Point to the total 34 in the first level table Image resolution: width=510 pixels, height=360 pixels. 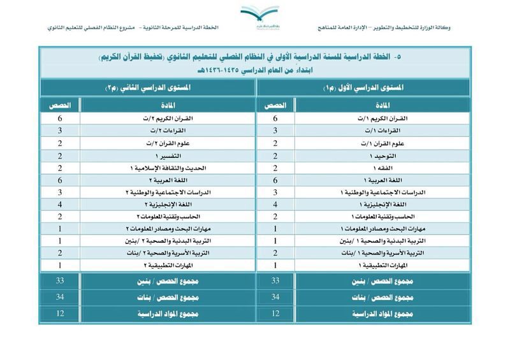(275, 298)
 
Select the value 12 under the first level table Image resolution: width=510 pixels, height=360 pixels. (275, 313)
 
